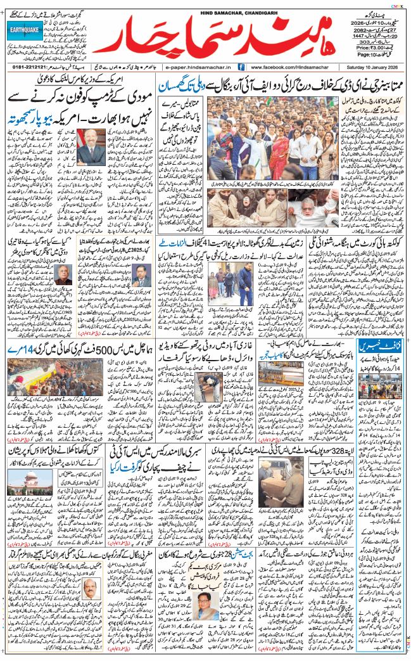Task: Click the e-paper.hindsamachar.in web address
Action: pyautogui.click(x=198, y=67)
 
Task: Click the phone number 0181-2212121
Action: pyautogui.click(x=30, y=67)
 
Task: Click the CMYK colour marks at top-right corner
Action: pyautogui.click(x=397, y=3)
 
